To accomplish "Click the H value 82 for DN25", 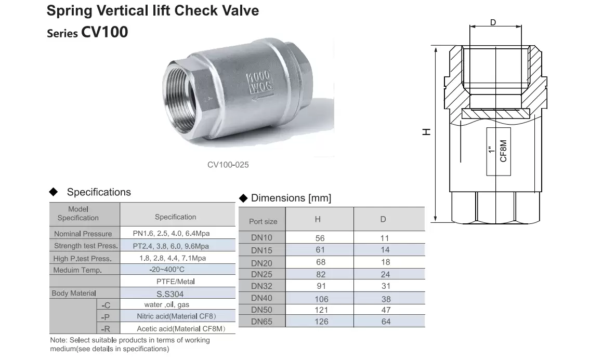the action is [x=321, y=274].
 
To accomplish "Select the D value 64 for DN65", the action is [x=386, y=322].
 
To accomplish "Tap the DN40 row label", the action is [x=261, y=298].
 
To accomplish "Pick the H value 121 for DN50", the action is [x=321, y=310].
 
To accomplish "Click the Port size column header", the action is [x=263, y=221].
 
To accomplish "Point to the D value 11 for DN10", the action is [x=385, y=238].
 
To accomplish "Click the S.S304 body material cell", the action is [x=170, y=294].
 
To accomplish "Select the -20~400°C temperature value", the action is [x=167, y=270].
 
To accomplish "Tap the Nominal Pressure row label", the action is [x=83, y=234].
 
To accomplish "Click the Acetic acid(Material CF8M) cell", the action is [x=181, y=329].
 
